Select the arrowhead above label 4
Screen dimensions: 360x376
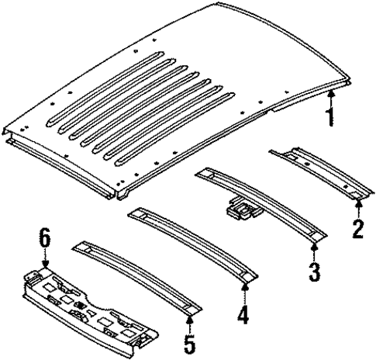[x=245, y=287]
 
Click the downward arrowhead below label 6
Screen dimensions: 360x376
[x=47, y=267]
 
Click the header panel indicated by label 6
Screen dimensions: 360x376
[x=85, y=306]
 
